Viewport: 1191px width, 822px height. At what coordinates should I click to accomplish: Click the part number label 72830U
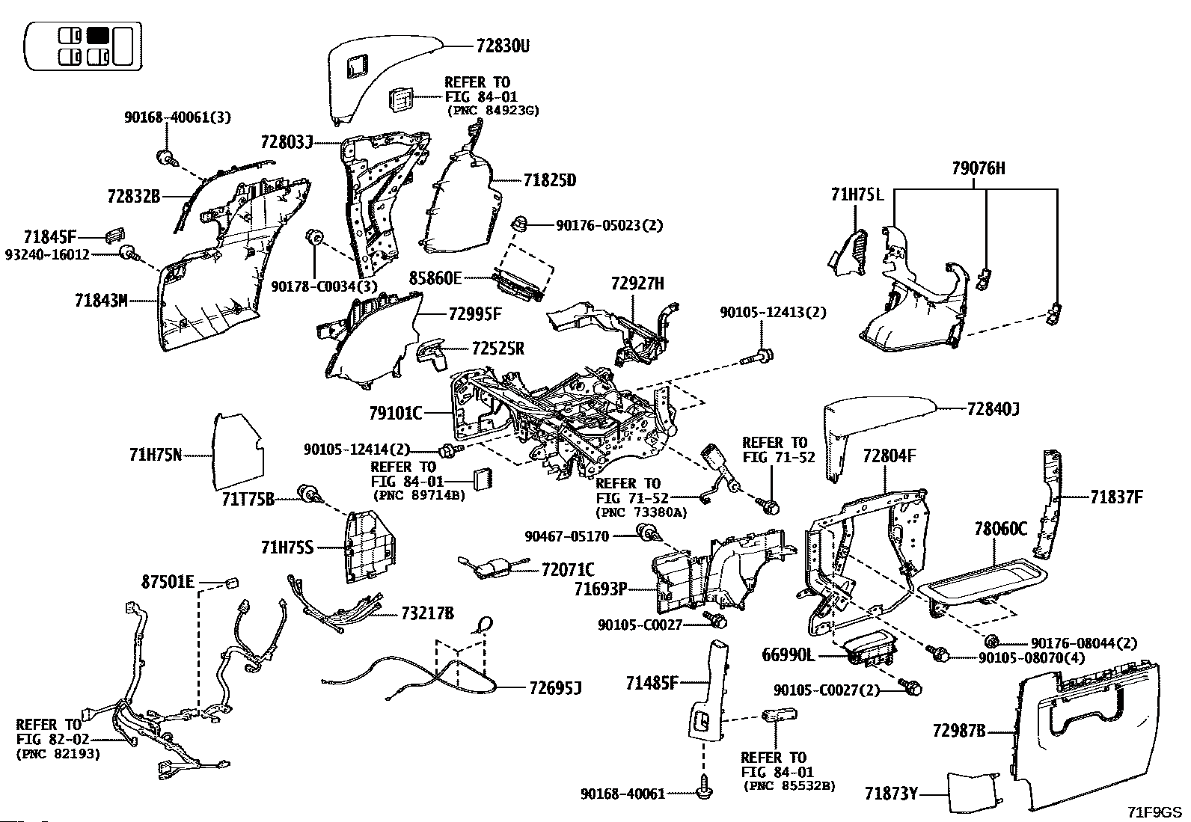tap(502, 46)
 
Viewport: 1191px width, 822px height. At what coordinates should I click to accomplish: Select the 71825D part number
tap(550, 180)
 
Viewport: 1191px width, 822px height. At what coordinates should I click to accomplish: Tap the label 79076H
tap(979, 169)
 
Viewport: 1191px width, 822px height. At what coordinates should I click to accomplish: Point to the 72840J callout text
tap(993, 409)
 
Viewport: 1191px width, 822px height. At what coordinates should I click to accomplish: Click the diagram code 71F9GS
tap(1155, 812)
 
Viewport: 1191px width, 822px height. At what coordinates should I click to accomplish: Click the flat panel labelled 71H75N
tap(237, 447)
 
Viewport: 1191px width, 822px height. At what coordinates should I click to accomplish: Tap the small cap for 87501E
tap(231, 581)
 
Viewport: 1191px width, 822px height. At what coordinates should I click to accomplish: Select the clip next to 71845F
tap(113, 235)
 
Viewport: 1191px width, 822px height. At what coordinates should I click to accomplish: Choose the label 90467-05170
tap(566, 536)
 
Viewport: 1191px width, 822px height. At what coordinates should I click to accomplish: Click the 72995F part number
tap(475, 314)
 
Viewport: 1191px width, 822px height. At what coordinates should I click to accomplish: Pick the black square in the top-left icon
tap(98, 35)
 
